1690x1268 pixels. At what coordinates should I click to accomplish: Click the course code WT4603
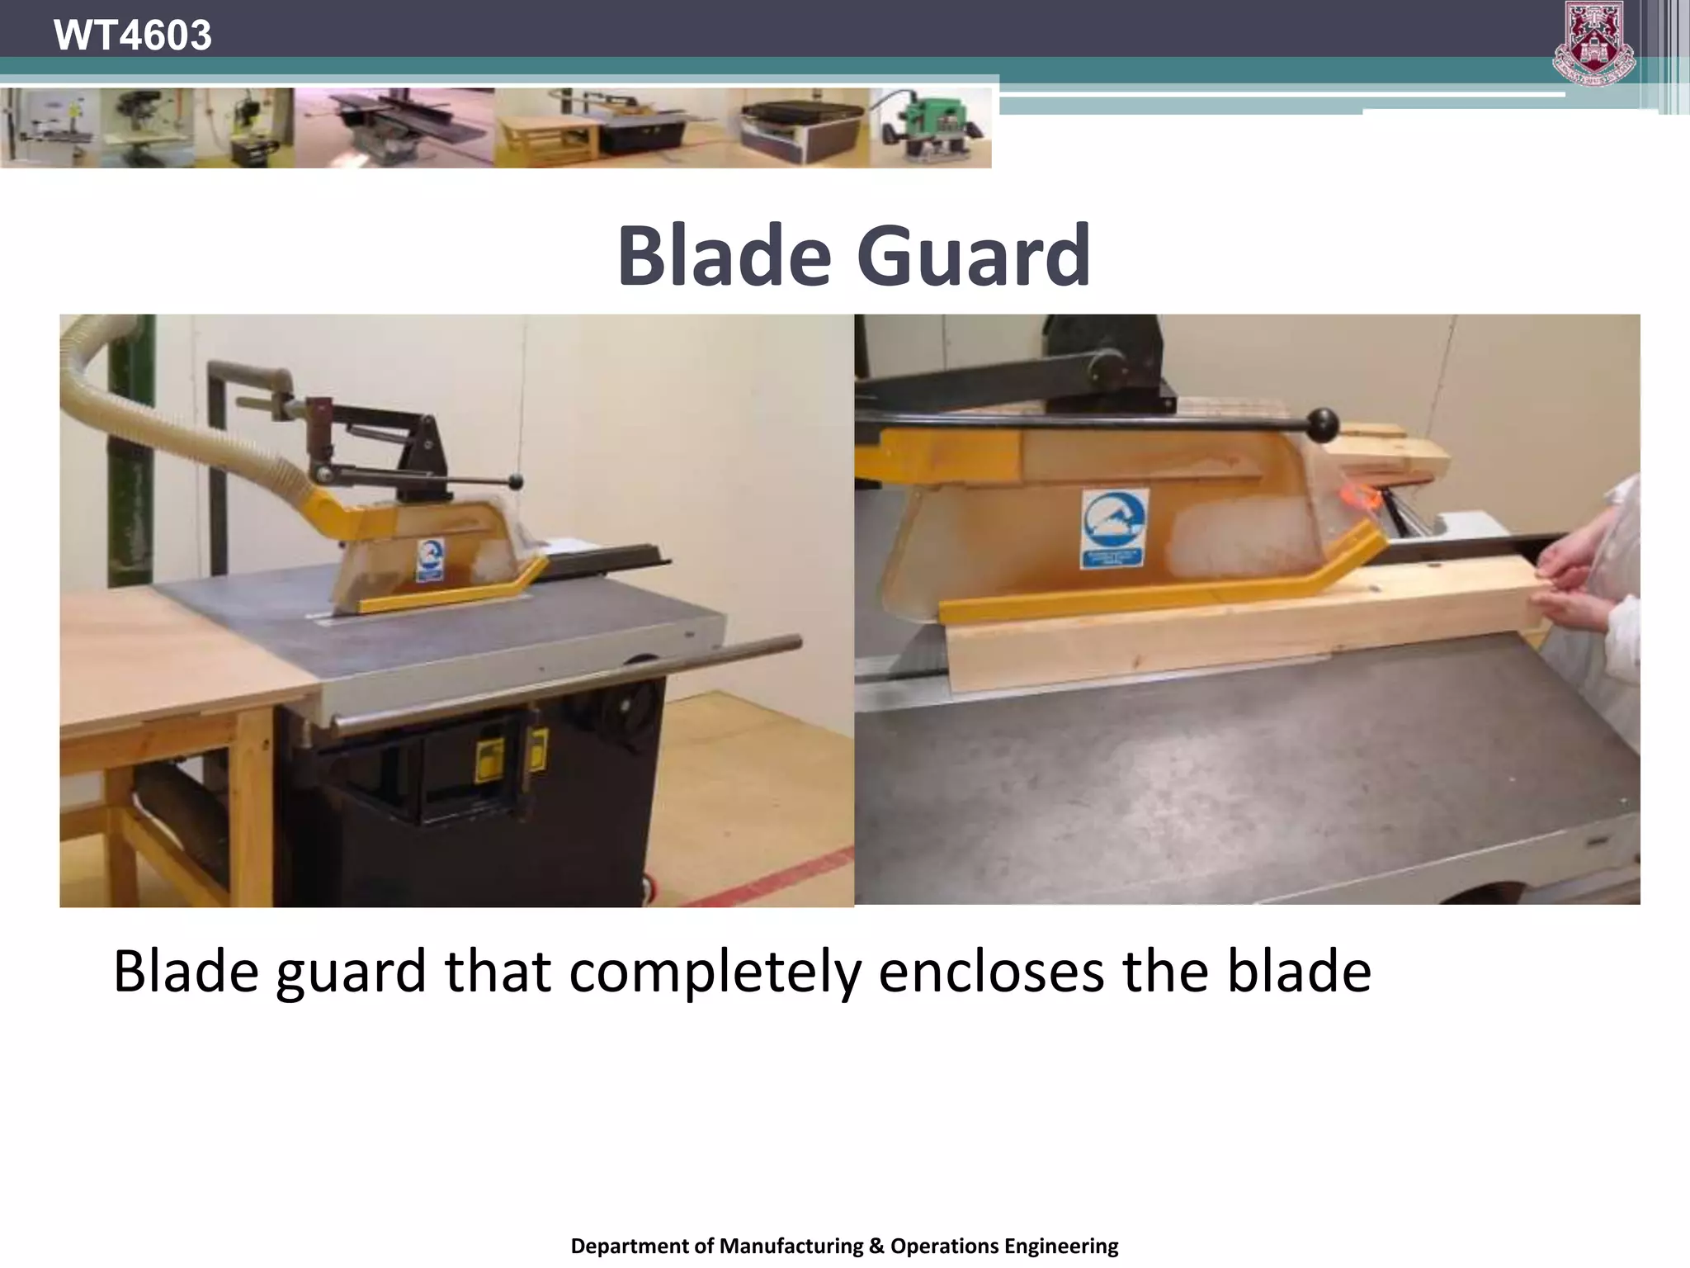tap(132, 35)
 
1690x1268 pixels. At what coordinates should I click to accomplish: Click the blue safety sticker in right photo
tap(1113, 528)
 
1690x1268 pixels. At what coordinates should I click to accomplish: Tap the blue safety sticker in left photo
tap(429, 559)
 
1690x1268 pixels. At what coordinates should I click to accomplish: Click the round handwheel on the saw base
tap(627, 707)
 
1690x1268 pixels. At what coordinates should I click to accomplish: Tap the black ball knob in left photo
tap(517, 480)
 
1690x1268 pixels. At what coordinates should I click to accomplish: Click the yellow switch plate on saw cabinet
tap(490, 758)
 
